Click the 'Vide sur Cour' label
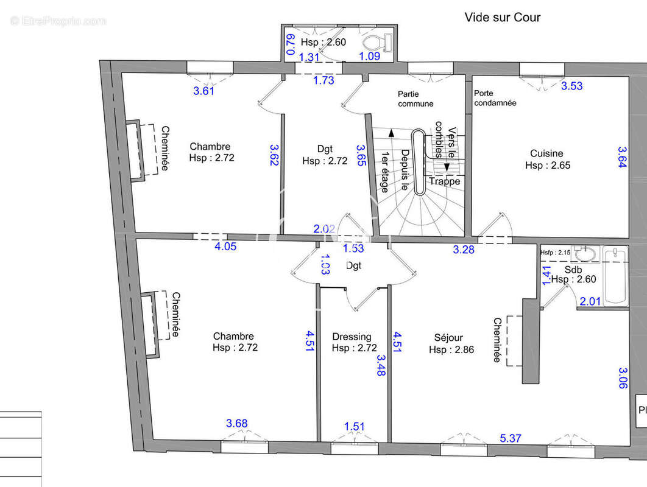point(502,17)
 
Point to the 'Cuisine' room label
point(546,153)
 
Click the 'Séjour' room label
point(448,337)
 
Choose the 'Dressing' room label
point(352,337)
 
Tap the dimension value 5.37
point(512,438)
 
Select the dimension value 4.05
point(225,247)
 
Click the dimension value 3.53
point(571,86)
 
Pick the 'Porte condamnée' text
point(495,98)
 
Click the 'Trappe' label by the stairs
point(445,181)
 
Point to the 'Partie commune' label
point(415,99)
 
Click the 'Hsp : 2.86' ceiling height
point(451,349)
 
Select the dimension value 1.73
point(323,80)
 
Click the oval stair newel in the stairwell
point(419,163)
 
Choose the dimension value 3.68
point(237,424)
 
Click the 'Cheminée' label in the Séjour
point(498,340)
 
